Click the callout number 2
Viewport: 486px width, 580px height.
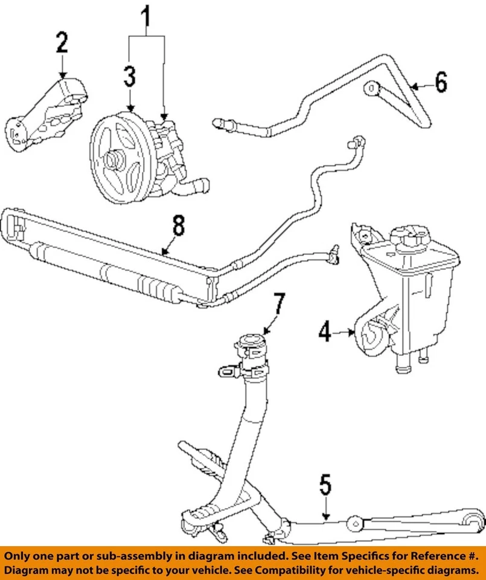click(63, 43)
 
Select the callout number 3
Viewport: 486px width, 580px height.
click(130, 77)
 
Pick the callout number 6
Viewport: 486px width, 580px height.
click(441, 82)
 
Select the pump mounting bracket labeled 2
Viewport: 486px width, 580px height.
click(48, 115)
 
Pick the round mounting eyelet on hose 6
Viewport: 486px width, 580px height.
click(371, 89)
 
